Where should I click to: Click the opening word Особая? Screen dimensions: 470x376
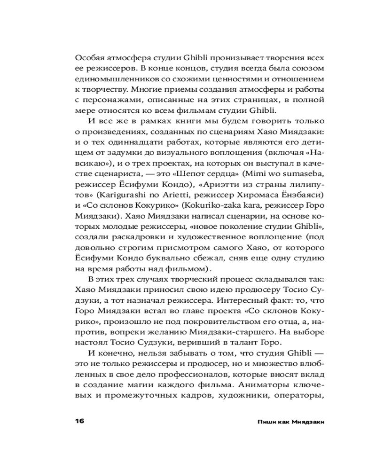pyautogui.click(x=89, y=59)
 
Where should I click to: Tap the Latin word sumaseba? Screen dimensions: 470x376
pyautogui.click(x=300, y=173)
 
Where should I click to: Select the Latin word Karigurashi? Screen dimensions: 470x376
pyautogui.click(x=115, y=194)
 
